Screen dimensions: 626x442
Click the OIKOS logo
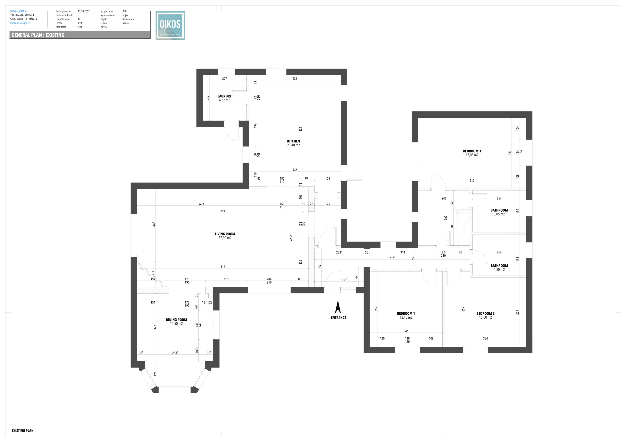tap(170, 25)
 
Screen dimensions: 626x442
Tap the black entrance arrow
tap(338, 307)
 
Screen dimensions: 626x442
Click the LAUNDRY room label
tap(224, 96)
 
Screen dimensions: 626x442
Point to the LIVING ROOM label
tap(225, 234)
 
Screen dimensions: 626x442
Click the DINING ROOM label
tap(176, 320)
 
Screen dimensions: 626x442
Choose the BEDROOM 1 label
tap(406, 313)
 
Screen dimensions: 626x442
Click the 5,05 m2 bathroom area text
tap(499, 214)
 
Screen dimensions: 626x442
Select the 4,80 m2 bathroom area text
tap(499, 270)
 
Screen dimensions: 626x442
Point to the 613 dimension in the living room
tap(201, 204)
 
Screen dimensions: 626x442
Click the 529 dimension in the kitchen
tap(300, 129)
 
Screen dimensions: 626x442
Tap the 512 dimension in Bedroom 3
tap(472, 180)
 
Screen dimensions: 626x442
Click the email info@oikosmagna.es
tap(20, 23)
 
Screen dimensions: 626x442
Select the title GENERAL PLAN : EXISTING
tap(38, 35)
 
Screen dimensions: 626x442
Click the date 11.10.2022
tap(84, 11)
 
